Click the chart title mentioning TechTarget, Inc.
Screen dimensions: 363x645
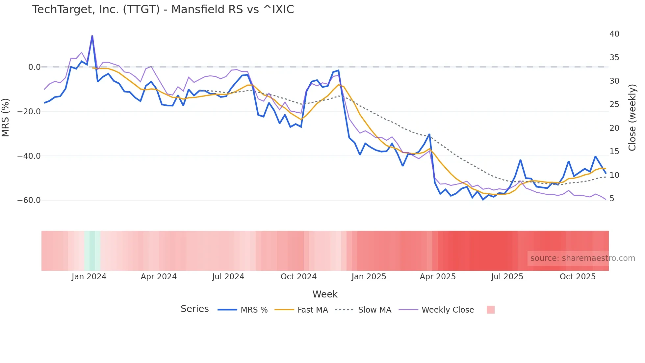click(x=163, y=10)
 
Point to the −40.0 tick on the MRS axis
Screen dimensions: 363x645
click(x=29, y=156)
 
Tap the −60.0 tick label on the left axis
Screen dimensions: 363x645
click(x=29, y=200)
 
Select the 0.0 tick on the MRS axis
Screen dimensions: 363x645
click(x=34, y=67)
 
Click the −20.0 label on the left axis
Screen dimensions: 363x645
click(x=29, y=112)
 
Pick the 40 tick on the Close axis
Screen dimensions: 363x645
click(x=614, y=34)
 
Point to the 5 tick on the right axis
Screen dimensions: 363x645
click(x=612, y=199)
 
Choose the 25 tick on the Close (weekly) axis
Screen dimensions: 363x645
click(x=614, y=104)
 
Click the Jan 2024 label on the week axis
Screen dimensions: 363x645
click(x=89, y=277)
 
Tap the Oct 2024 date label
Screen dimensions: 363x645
click(x=298, y=277)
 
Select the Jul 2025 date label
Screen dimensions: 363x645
click(x=507, y=277)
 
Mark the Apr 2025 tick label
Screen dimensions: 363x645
click(x=438, y=277)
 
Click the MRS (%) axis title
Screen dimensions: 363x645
click(x=5, y=118)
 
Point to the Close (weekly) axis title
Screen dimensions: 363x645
click(x=632, y=118)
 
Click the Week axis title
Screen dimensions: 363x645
click(x=325, y=294)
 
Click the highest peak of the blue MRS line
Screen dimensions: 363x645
click(x=92, y=36)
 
